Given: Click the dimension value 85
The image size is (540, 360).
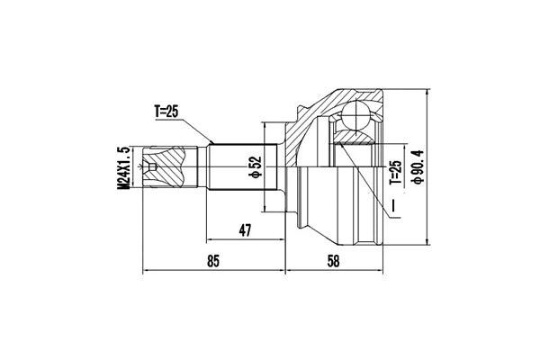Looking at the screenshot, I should click(x=212, y=261).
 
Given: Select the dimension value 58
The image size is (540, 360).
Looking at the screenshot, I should click(x=334, y=261).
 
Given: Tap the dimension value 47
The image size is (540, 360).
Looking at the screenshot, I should click(x=244, y=231).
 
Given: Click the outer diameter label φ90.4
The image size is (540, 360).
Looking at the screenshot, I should click(x=416, y=167).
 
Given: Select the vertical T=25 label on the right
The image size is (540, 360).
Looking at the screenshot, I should click(x=393, y=171).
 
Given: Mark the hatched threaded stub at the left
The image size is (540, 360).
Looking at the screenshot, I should click(x=171, y=166).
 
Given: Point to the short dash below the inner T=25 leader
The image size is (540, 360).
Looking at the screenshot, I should click(x=393, y=209).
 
